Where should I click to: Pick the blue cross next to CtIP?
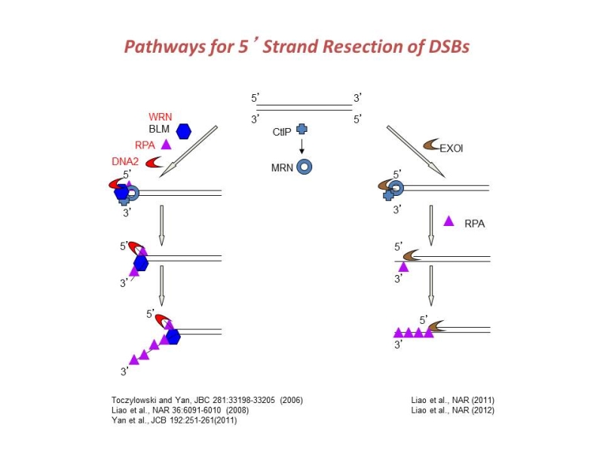(301, 130)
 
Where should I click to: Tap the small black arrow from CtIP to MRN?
(301, 147)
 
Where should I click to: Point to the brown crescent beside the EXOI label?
(431, 144)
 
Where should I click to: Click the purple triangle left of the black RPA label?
(448, 221)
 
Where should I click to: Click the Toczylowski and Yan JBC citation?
(202, 399)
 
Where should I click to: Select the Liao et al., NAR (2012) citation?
(452, 410)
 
